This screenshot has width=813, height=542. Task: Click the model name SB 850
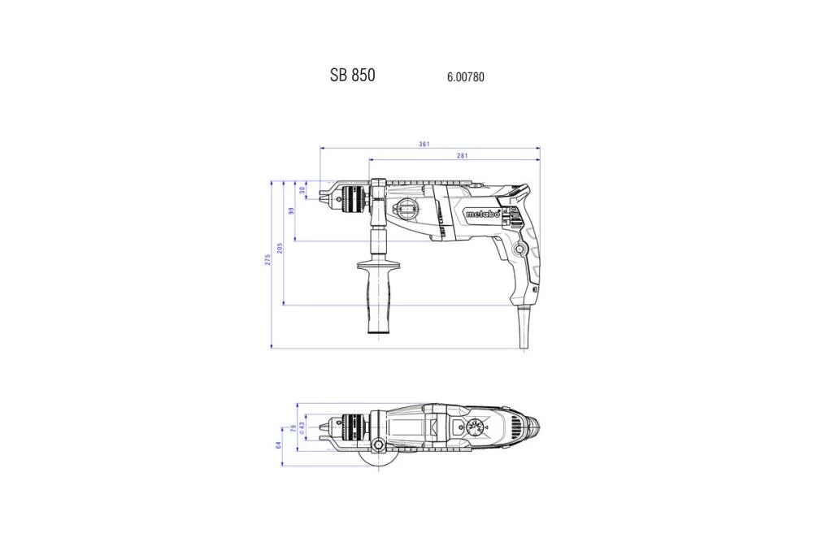click(352, 75)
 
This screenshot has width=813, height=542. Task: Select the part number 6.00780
click(466, 77)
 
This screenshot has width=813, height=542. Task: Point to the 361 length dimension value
click(424, 144)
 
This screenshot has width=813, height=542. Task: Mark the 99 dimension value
click(291, 210)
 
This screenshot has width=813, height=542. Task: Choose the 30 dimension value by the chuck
click(302, 190)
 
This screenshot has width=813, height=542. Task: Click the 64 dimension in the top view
click(278, 445)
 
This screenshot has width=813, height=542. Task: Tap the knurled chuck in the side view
click(354, 196)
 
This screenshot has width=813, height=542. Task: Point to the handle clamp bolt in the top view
click(379, 444)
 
